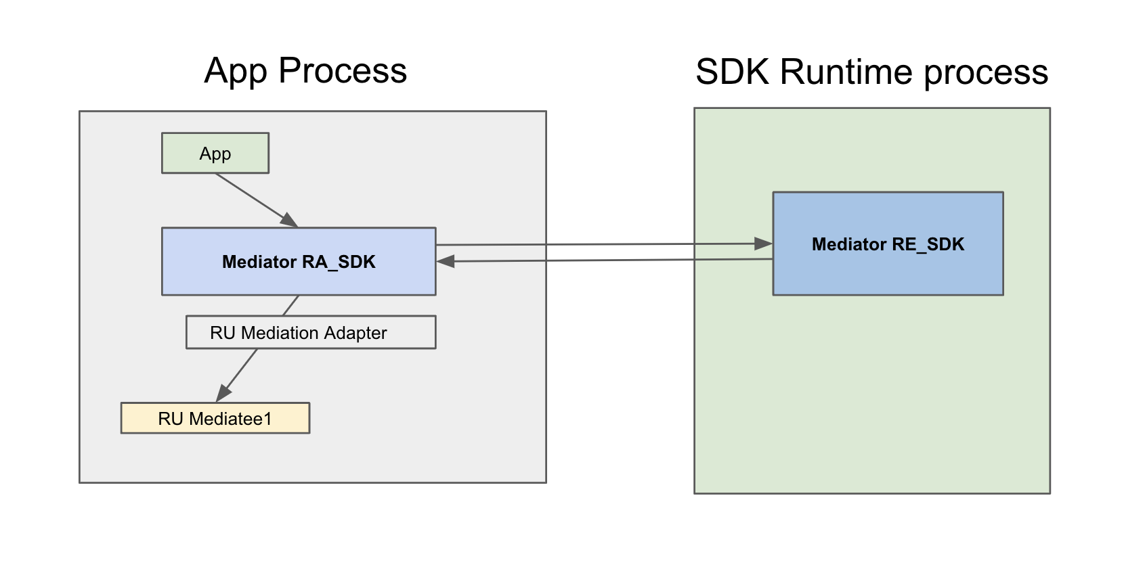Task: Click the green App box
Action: (x=215, y=154)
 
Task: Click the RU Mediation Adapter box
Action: (x=311, y=332)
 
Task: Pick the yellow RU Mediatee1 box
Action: (x=215, y=418)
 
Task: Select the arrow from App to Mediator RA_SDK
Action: (x=253, y=198)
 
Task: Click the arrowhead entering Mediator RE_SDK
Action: (x=764, y=244)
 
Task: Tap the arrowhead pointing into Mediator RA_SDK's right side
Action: (x=445, y=261)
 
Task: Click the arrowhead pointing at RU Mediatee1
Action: (x=223, y=393)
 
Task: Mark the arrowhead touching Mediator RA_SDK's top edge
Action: (x=290, y=220)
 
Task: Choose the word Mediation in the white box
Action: (x=280, y=333)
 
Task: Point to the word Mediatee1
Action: (x=230, y=419)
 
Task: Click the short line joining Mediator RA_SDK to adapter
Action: (x=290, y=306)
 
